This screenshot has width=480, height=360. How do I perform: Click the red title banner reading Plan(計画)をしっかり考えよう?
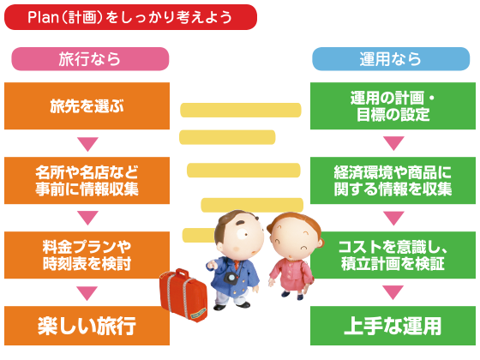click(x=130, y=17)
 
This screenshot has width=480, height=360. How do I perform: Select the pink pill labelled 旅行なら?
click(x=90, y=59)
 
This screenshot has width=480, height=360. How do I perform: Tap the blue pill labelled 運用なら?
click(x=391, y=59)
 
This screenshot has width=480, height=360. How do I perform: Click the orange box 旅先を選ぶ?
click(x=87, y=106)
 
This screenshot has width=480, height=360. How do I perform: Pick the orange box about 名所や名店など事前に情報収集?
click(x=87, y=181)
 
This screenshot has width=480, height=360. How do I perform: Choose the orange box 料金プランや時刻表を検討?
click(x=87, y=255)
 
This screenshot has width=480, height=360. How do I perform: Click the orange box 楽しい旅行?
click(x=87, y=326)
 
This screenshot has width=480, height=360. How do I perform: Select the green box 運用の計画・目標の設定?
click(x=393, y=106)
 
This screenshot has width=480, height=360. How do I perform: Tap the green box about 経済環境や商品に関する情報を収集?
click(x=393, y=181)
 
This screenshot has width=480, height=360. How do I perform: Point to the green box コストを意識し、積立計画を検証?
click(x=393, y=255)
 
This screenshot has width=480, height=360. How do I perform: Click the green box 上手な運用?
click(x=393, y=326)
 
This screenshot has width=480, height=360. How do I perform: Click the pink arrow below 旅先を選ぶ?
click(x=87, y=144)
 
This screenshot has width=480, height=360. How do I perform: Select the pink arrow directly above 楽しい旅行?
click(x=87, y=293)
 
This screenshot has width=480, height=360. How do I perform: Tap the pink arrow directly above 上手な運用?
click(x=393, y=292)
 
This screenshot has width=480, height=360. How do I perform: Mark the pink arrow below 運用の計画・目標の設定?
click(x=393, y=143)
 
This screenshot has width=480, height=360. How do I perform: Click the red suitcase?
click(x=183, y=295)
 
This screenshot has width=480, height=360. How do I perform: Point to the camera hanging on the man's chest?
click(x=231, y=278)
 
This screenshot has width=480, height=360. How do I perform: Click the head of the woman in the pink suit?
click(x=295, y=235)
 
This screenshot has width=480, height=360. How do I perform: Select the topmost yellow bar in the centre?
click(x=241, y=111)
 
